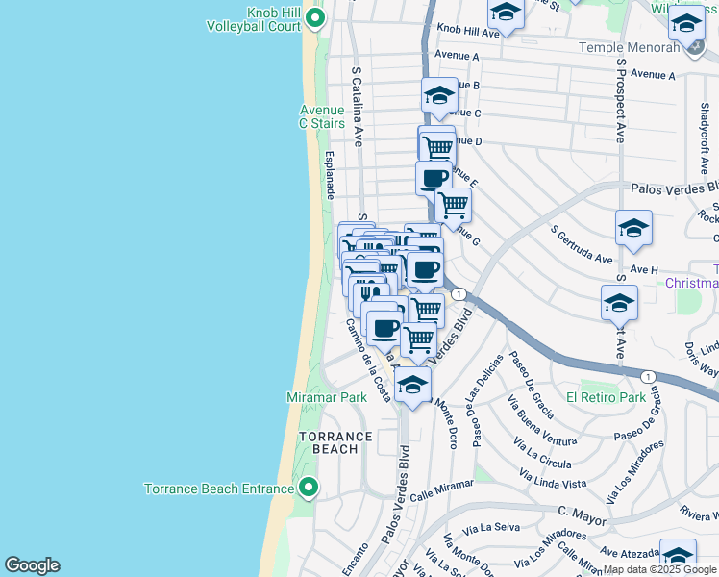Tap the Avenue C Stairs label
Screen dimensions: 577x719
[x=321, y=116]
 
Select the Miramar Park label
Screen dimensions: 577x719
[x=327, y=397]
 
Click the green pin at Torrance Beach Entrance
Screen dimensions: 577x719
[x=309, y=489]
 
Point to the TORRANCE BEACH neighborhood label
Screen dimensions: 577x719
[x=335, y=442]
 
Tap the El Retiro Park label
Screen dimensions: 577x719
[x=606, y=396]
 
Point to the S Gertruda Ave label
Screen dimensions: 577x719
[x=582, y=246]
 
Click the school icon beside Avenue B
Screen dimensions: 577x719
[x=439, y=95]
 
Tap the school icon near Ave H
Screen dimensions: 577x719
[x=633, y=228]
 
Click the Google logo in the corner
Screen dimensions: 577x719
[x=32, y=565]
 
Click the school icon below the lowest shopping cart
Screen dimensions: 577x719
[x=413, y=385]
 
